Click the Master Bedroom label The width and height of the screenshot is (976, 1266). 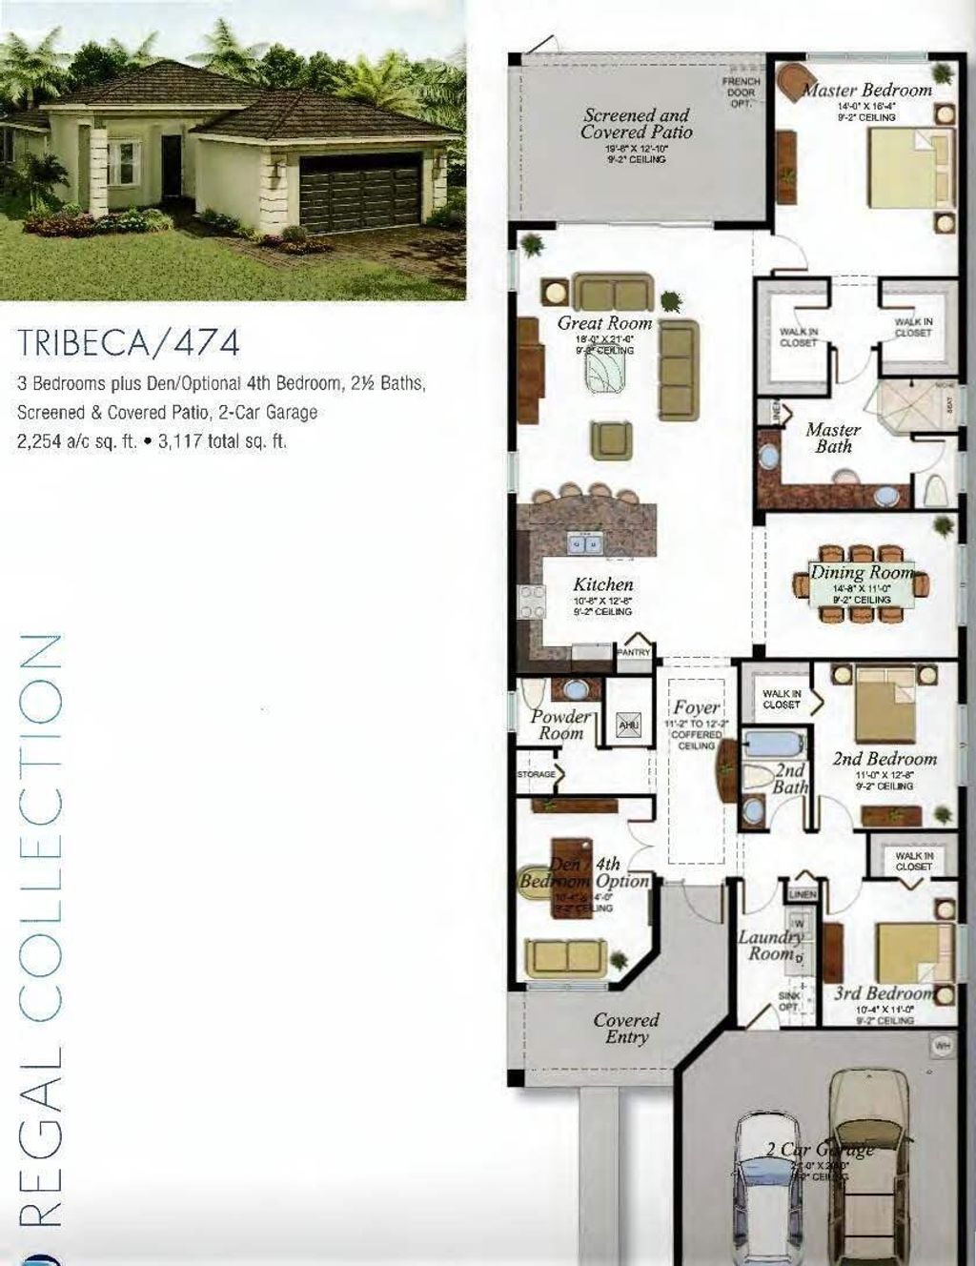(867, 91)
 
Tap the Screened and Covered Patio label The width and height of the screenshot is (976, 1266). (636, 124)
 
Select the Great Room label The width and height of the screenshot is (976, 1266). (604, 324)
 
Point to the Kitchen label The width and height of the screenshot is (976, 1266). (602, 584)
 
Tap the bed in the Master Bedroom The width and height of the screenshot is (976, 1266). (910, 167)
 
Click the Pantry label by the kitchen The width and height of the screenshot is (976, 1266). (634, 653)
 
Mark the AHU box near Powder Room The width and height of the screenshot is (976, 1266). (629, 725)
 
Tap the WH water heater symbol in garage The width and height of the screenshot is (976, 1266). (942, 1047)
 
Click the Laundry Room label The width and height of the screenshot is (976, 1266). (770, 945)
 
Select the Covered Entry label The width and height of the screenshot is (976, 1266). (626, 1029)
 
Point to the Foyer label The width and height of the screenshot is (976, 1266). (697, 708)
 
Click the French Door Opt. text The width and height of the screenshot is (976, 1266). (742, 92)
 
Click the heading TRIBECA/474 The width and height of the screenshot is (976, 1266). (129, 341)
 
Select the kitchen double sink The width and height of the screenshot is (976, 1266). (583, 543)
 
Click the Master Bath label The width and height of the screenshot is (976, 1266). (832, 438)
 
